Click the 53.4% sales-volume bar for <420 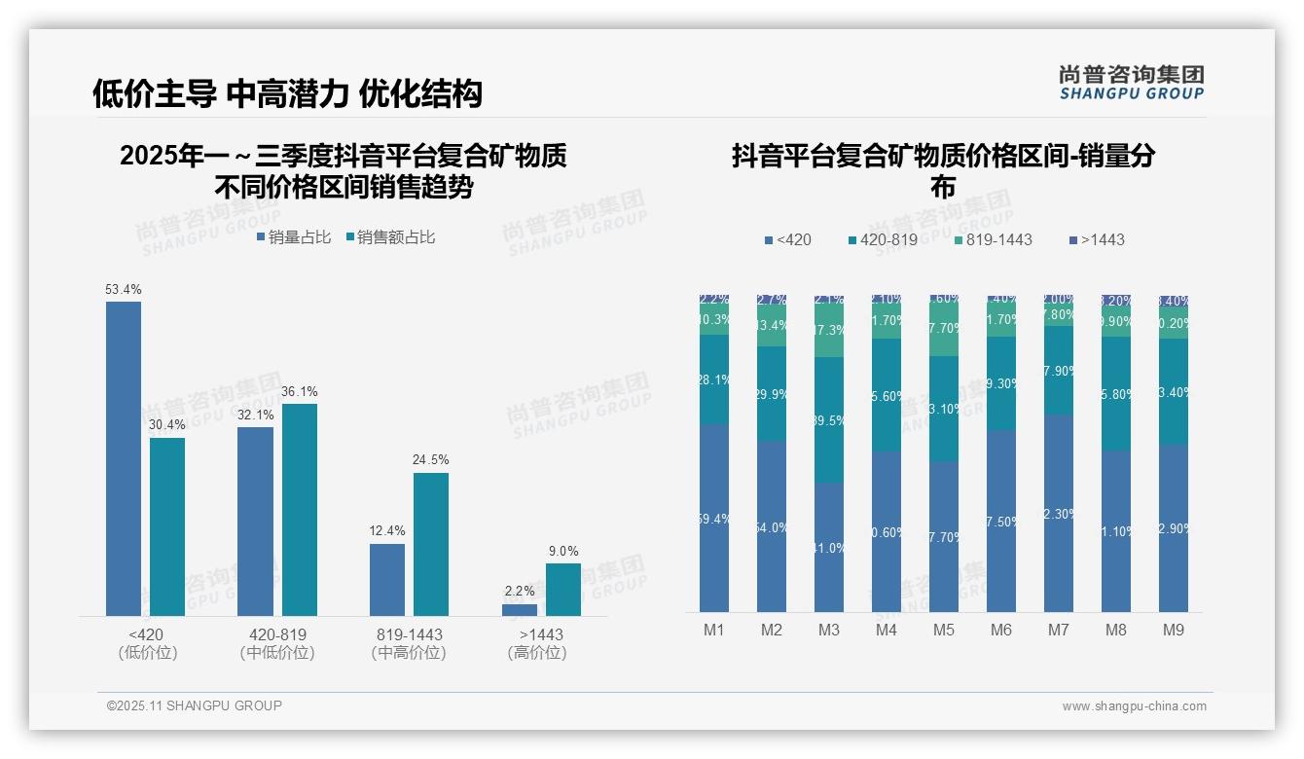click(124, 457)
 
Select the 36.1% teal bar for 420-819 click(300, 509)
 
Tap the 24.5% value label click(431, 460)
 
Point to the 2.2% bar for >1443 click(520, 610)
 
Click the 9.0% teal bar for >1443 click(563, 590)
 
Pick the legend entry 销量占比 click(293, 237)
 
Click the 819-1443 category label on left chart click(409, 634)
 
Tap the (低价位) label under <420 click(148, 653)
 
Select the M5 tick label click(943, 631)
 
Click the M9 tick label click(1174, 631)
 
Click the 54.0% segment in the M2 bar click(772, 526)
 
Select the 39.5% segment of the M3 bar click(829, 419)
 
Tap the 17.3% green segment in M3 click(829, 331)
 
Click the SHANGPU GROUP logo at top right click(1131, 82)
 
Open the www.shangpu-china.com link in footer click(1134, 706)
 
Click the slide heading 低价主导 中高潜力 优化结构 click(287, 93)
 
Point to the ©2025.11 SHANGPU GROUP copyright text click(195, 705)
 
